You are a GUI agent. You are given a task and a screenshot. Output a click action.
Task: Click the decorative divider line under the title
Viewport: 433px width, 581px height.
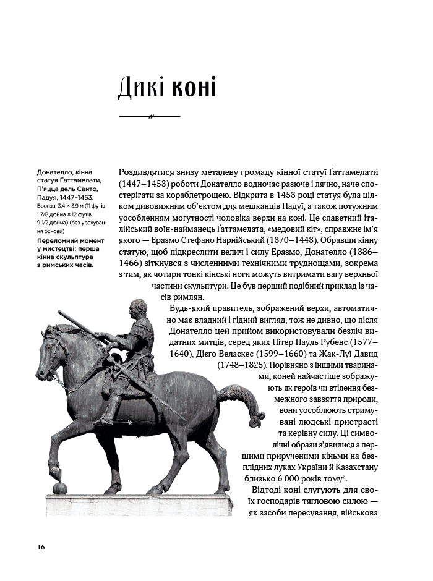pos(149,116)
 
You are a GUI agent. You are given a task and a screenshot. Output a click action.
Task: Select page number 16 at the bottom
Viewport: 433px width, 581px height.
pos(41,546)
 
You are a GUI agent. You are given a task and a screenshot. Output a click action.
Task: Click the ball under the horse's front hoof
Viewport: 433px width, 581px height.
pos(60,489)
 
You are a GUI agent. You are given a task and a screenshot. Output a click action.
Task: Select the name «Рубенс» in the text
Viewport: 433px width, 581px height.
pos(349,342)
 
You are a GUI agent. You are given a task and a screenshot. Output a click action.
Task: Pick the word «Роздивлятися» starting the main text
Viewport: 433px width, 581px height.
pos(146,171)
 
